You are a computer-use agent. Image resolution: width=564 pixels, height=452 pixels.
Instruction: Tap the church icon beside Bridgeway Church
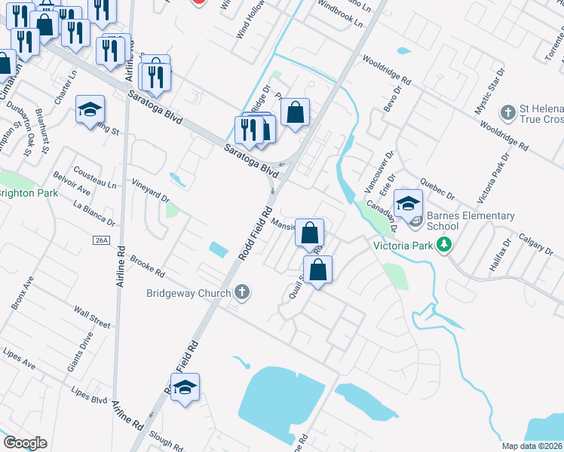[x=241, y=292]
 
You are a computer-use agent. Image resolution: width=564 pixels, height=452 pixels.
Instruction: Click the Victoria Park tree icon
[x=445, y=245]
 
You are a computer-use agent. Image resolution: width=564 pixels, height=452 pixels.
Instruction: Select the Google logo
[x=25, y=443]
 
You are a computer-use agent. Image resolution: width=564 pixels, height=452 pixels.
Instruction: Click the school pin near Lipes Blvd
[x=185, y=389]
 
